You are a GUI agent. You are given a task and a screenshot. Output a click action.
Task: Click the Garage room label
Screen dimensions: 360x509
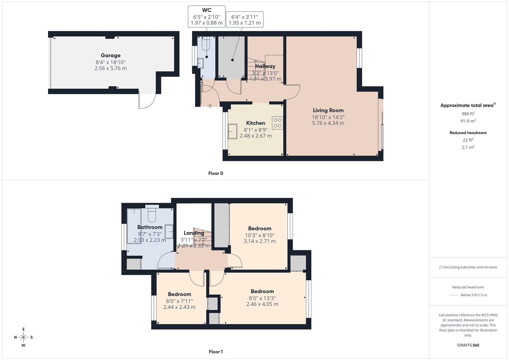click(x=110, y=55)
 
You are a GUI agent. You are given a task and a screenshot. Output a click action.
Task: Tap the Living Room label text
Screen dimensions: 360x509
click(x=328, y=110)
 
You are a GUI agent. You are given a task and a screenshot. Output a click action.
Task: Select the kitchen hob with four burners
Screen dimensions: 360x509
click(x=277, y=123)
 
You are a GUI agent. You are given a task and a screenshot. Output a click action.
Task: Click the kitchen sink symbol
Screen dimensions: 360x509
click(x=232, y=131)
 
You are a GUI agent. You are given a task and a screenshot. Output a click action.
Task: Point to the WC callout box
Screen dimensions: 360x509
click(x=206, y=16)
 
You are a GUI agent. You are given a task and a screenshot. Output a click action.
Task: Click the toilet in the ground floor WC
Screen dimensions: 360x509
click(x=206, y=45)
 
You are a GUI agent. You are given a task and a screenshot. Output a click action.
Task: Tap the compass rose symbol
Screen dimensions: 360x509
click(x=23, y=337)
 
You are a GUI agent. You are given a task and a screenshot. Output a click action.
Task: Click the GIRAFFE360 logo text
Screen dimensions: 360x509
click(x=468, y=345)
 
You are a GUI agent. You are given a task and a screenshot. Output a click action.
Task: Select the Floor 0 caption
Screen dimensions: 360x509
click(x=215, y=173)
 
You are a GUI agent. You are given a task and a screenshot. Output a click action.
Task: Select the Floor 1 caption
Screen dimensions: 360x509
click(x=215, y=352)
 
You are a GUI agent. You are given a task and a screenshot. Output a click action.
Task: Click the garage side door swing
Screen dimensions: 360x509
click(x=148, y=101)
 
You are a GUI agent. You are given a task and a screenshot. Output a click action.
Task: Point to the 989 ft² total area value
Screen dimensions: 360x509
click(x=468, y=114)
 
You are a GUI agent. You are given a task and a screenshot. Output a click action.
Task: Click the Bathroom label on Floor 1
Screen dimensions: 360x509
click(x=150, y=227)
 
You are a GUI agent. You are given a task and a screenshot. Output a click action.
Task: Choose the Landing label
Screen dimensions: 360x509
click(x=194, y=233)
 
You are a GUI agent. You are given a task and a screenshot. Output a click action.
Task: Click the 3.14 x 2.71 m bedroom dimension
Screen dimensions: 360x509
click(x=259, y=241)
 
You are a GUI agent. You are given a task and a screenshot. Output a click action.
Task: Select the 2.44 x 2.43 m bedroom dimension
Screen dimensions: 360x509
click(x=179, y=307)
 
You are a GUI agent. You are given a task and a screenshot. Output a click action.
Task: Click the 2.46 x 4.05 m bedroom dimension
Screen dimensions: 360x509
click(x=262, y=304)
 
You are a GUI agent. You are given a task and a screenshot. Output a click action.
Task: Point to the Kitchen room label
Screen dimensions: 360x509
click(x=255, y=123)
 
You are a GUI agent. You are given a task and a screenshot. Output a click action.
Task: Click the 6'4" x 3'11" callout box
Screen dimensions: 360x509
click(x=244, y=19)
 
